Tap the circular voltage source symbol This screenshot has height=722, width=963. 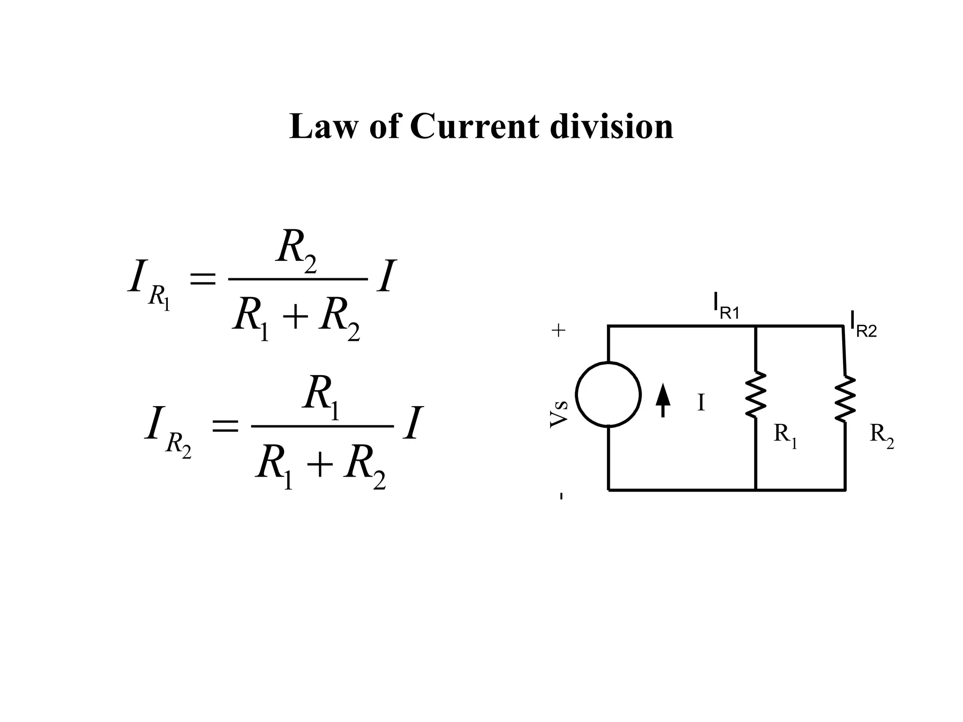(608, 394)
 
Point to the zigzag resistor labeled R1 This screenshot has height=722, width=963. (756, 394)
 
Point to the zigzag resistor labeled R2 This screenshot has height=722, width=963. (845, 399)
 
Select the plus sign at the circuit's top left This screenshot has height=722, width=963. (559, 331)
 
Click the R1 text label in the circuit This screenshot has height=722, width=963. (785, 435)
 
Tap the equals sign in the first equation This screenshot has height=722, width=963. (202, 280)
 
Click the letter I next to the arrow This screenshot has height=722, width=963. (701, 403)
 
